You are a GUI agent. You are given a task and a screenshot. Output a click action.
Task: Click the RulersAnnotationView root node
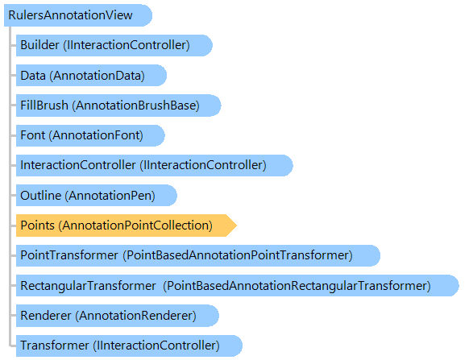[x=78, y=15]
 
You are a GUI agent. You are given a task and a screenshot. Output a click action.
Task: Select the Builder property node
[x=114, y=45]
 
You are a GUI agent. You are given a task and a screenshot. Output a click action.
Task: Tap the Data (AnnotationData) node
[x=91, y=76]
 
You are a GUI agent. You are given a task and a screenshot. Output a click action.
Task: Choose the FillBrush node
[x=118, y=106]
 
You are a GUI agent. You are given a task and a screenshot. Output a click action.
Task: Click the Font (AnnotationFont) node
[x=90, y=135]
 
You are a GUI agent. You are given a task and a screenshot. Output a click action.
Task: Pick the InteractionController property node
[x=154, y=165]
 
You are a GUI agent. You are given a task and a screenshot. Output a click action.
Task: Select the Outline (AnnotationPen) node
[x=96, y=196]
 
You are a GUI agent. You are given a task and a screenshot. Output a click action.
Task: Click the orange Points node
[x=126, y=226]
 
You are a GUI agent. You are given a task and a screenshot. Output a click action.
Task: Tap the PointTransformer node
[x=198, y=255]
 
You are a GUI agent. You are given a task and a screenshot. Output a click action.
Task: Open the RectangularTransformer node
[x=238, y=285]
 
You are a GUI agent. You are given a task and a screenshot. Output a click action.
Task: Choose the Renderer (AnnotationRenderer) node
[x=118, y=316]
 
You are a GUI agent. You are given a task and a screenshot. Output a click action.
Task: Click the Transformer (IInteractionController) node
[x=129, y=346]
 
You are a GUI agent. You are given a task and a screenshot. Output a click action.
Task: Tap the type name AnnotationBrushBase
[x=135, y=106]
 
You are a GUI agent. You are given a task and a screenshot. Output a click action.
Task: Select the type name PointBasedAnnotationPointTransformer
[x=238, y=255]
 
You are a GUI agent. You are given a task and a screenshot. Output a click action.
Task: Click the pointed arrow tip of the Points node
[x=237, y=226]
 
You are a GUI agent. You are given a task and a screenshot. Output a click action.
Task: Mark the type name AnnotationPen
[x=110, y=196]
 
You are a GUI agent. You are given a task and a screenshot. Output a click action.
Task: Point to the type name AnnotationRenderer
[x=135, y=316]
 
